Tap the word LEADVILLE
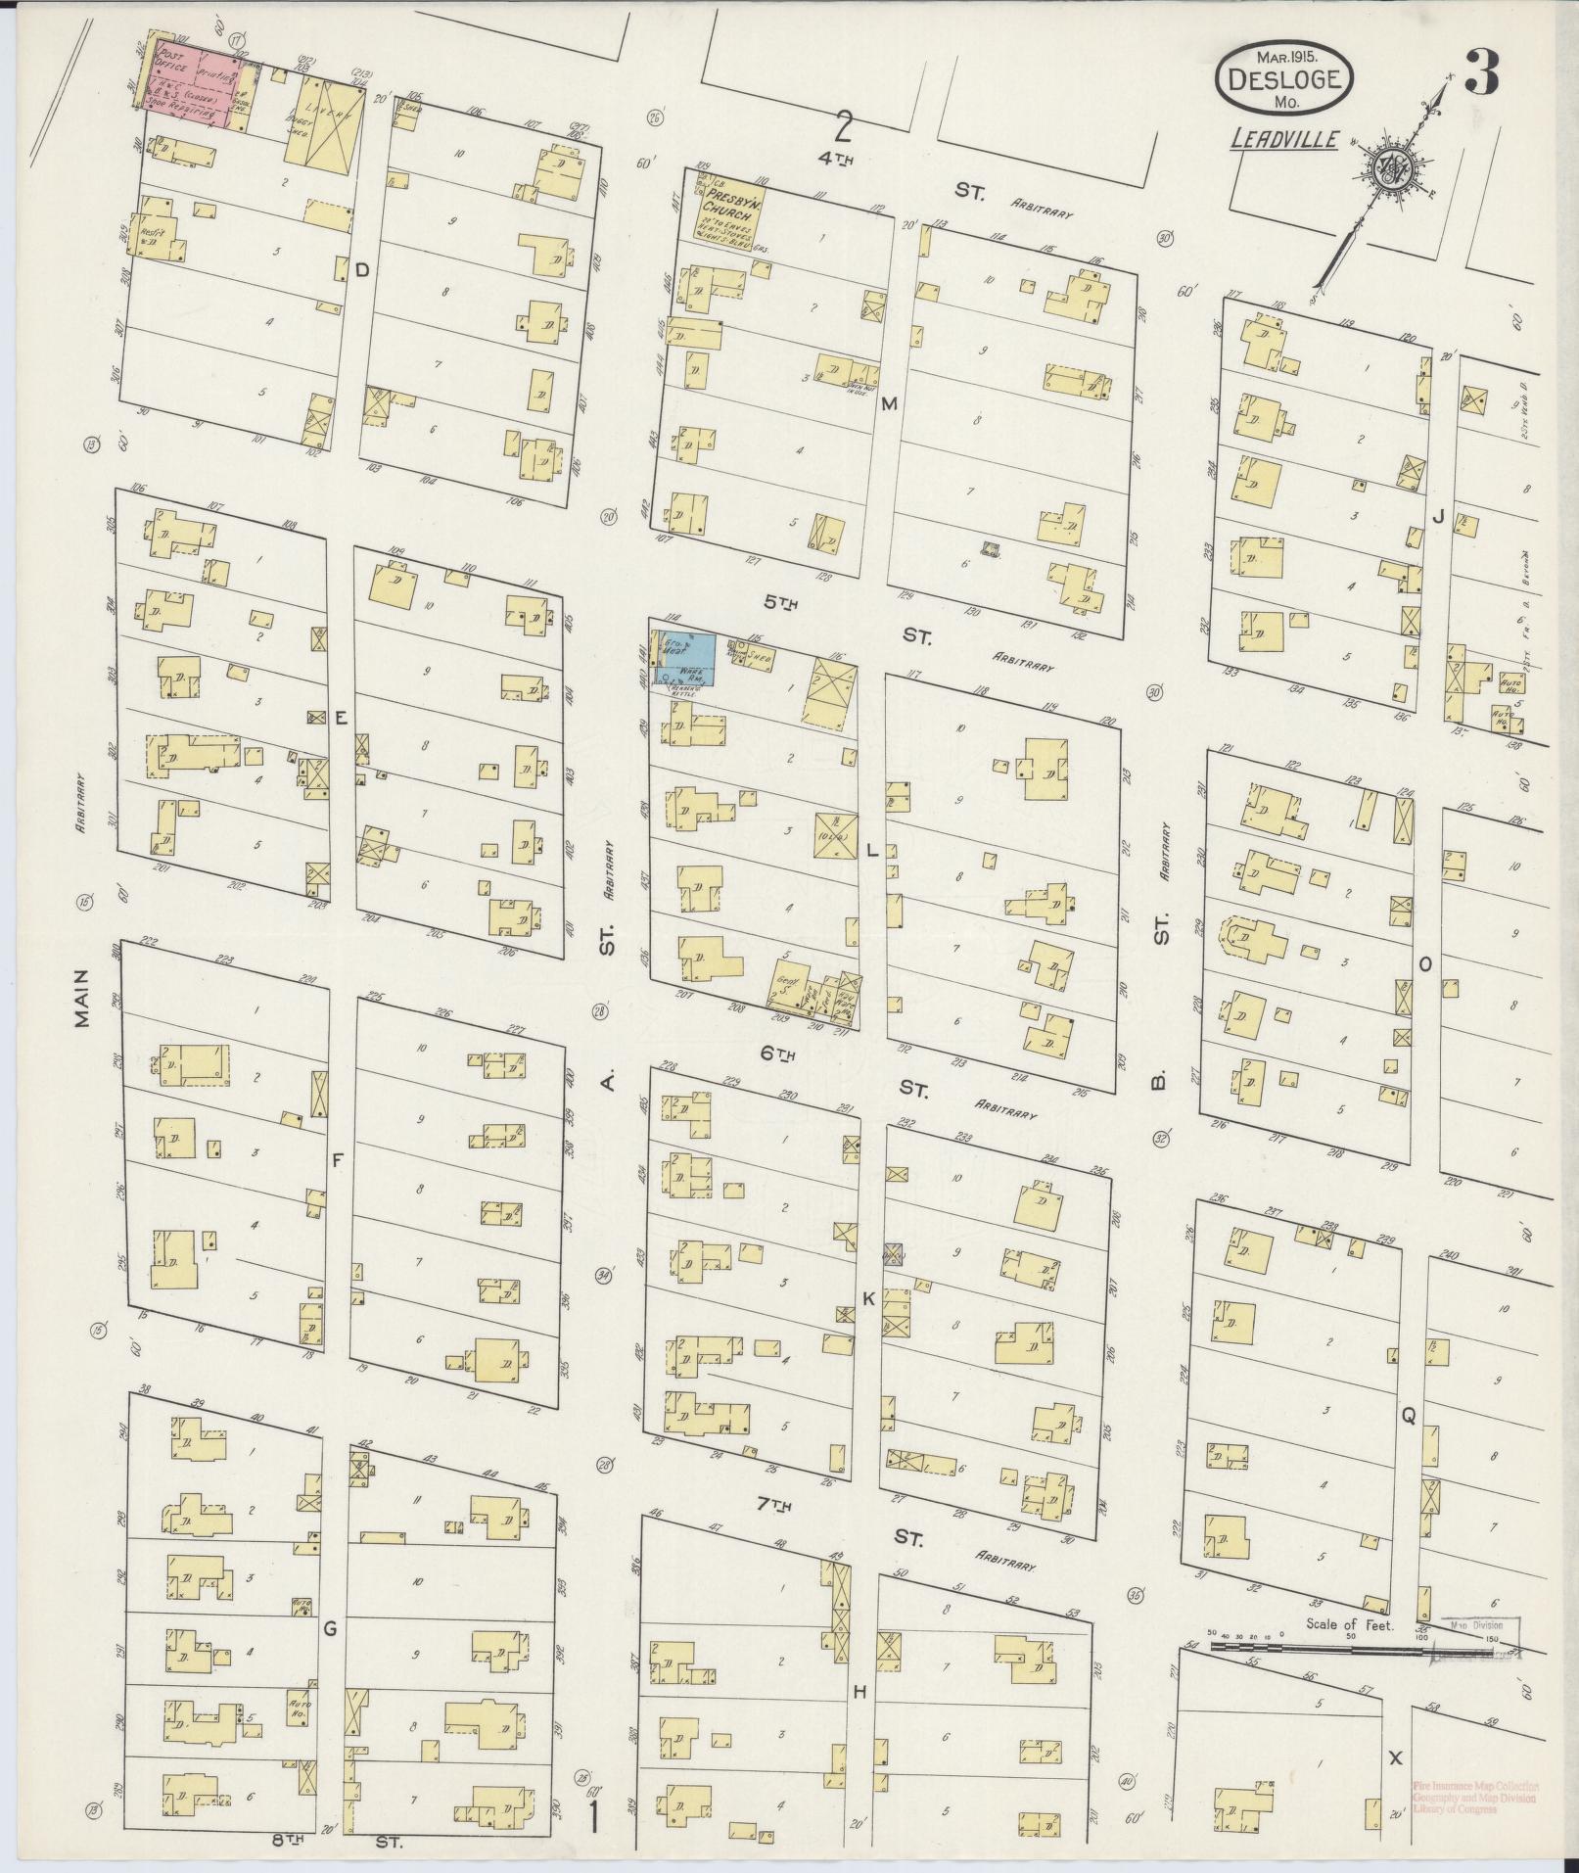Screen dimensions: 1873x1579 pyautogui.click(x=1283, y=140)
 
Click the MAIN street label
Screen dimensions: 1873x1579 pyautogui.click(x=82, y=998)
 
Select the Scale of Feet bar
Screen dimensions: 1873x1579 pyautogui.click(x=1317, y=1648)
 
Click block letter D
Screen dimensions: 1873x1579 pyautogui.click(x=361, y=270)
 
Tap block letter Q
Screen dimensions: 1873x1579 pyautogui.click(x=1409, y=1414)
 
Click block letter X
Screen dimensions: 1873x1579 pyautogui.click(x=1395, y=1758)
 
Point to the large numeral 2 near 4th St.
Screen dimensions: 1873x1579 pyautogui.click(x=844, y=126)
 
